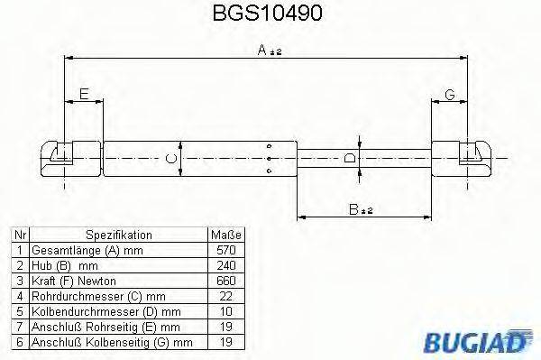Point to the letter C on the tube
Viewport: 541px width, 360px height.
(172, 159)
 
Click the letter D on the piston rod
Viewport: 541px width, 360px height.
(350, 159)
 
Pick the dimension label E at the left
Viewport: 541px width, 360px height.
(84, 94)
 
